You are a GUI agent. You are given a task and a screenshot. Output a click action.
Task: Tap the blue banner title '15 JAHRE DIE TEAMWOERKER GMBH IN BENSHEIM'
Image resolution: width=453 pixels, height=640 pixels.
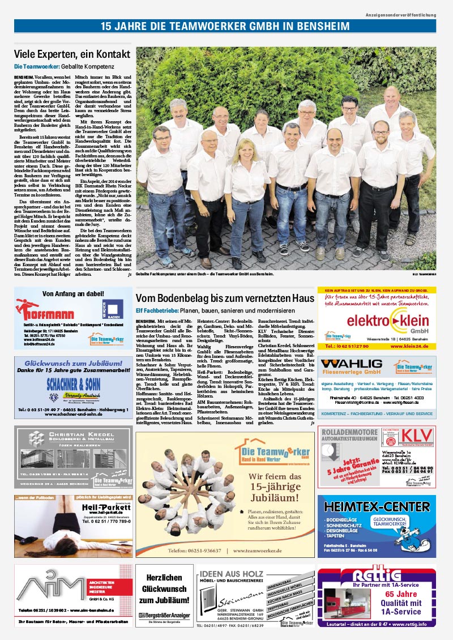[x=226, y=26]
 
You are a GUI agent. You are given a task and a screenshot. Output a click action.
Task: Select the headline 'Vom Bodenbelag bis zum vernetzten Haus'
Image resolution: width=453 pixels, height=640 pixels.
[x=225, y=298]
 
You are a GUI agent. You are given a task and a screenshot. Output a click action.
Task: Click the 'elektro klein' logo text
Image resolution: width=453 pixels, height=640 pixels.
[x=377, y=321]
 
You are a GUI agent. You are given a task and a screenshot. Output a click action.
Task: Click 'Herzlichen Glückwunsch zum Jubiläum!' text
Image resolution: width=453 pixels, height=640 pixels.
[x=164, y=589]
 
